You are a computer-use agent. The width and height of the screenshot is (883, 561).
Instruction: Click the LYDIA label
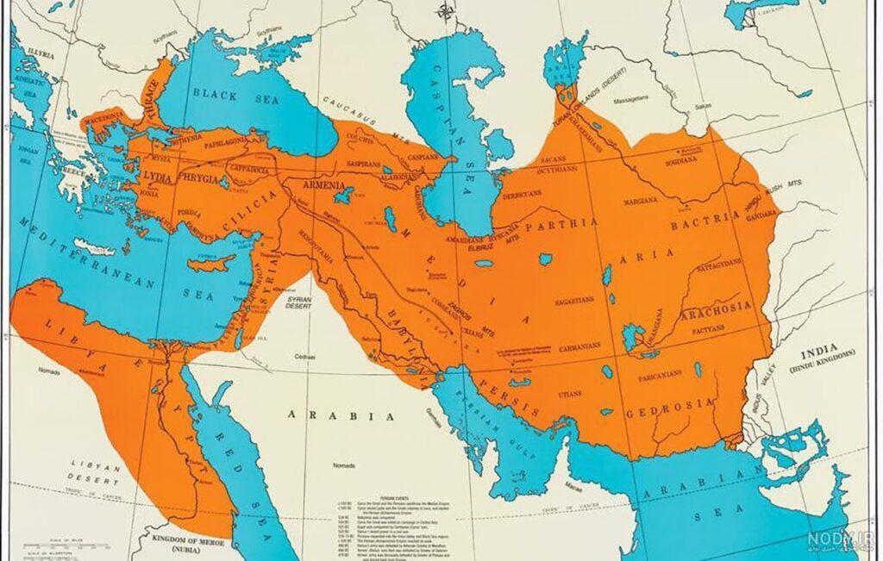coord(158,176)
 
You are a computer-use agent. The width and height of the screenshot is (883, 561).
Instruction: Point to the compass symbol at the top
coord(445,11)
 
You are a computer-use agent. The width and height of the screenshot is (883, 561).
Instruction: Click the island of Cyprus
coord(212,260)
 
